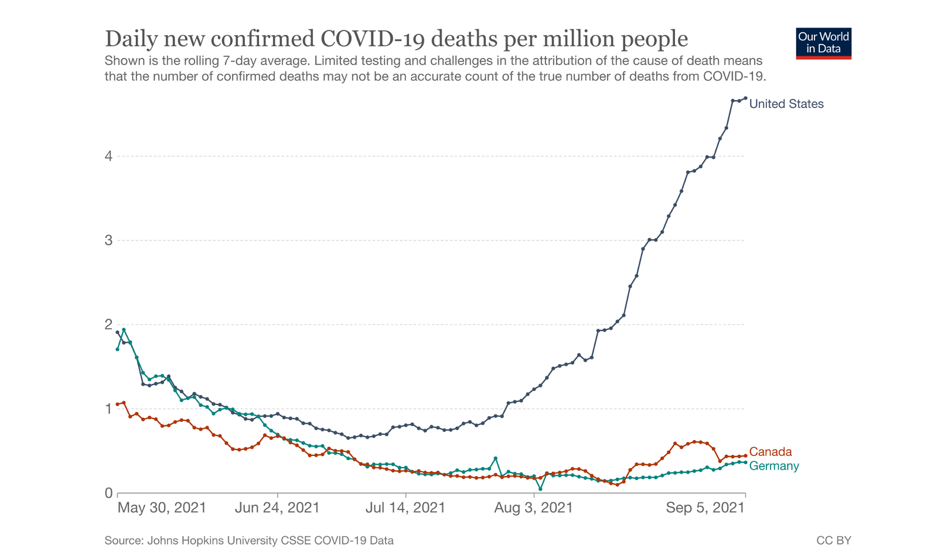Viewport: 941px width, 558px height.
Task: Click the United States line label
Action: pos(786,104)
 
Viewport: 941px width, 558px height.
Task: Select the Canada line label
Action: pos(770,452)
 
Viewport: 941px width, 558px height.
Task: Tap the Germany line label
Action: pos(773,466)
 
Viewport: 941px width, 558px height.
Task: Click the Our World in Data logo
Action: pos(823,43)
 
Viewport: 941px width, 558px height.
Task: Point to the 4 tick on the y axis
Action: pos(108,156)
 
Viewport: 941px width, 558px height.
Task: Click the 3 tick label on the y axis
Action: pos(108,240)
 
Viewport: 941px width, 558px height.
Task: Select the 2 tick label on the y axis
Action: pos(108,324)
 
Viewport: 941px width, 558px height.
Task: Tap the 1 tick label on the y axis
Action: pos(108,409)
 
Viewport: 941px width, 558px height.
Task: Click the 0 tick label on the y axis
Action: pos(108,493)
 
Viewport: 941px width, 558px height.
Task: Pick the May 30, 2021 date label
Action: pos(162,508)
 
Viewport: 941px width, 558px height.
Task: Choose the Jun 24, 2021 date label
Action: pos(277,508)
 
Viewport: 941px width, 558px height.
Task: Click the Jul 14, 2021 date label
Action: pos(405,508)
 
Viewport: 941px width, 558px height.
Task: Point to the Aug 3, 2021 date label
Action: pos(533,508)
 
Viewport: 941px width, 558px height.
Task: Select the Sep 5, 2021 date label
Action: pos(705,508)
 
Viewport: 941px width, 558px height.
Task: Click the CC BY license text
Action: pos(833,540)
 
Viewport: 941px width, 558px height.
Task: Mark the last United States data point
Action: pos(745,98)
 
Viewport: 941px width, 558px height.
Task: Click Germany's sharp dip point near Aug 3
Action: pos(540,489)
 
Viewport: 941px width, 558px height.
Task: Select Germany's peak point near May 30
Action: pos(124,329)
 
